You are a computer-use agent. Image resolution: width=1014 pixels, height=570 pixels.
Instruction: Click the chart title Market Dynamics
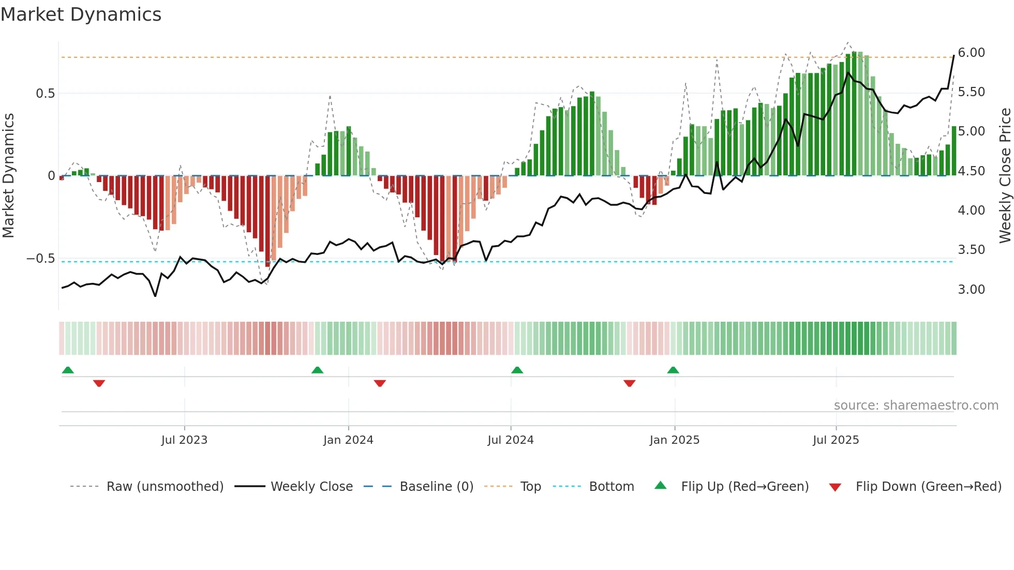click(x=81, y=14)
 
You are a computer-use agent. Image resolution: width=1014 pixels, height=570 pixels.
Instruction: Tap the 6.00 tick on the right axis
click(x=971, y=53)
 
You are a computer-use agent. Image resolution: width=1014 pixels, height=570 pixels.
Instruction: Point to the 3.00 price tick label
click(x=971, y=290)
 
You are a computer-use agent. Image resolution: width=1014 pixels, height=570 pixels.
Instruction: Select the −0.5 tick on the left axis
click(x=41, y=259)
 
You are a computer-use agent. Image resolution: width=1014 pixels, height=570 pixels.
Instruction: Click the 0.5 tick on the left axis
click(x=45, y=94)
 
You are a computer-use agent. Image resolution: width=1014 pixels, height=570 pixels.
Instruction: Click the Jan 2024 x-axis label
click(x=348, y=440)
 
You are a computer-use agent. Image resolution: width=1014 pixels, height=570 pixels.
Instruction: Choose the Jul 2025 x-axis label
click(x=836, y=440)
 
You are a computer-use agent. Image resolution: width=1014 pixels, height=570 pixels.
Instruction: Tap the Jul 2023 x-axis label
click(x=184, y=440)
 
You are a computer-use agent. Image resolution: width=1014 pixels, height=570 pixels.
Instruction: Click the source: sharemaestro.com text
click(x=916, y=406)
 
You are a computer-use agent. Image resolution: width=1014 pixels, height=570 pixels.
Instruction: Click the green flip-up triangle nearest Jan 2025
click(x=673, y=370)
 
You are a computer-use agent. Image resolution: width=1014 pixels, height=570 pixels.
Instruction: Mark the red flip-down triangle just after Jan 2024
click(x=380, y=383)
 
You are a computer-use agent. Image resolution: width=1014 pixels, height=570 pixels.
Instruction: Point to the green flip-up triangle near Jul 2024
click(x=517, y=370)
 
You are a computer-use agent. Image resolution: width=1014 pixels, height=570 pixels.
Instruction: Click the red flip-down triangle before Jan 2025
click(x=629, y=383)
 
